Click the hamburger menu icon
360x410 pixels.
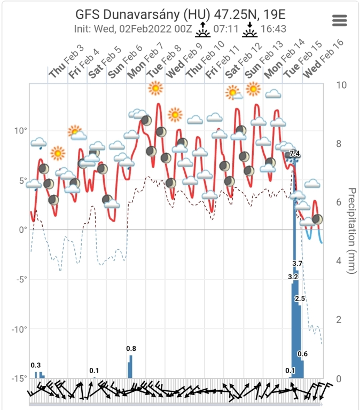coord(340,20)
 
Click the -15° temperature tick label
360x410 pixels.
coord(19,379)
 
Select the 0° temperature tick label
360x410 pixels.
coord(23,230)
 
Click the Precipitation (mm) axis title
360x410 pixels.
coord(351,231)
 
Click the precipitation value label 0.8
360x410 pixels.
coord(131,349)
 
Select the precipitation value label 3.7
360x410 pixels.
coord(298,264)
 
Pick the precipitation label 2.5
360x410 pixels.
coord(300,298)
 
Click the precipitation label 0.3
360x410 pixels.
coord(36,365)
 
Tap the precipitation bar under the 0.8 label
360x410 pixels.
coord(130,367)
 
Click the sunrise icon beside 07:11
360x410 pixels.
coord(203,31)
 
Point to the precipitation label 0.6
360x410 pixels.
coord(302,354)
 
